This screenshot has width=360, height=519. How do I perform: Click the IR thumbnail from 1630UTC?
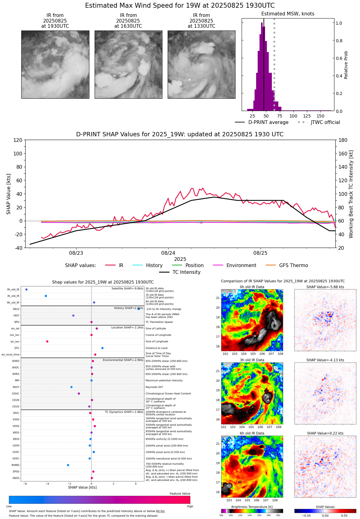click(128, 64)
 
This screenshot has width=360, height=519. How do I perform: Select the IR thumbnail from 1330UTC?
click(201, 64)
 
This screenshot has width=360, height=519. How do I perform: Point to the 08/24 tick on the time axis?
click(168, 253)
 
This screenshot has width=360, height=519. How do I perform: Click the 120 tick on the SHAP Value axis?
click(18, 140)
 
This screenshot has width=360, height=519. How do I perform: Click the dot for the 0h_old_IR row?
click(27, 290)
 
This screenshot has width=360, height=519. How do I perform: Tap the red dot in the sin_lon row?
click(47, 341)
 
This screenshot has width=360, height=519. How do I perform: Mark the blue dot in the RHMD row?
click(68, 465)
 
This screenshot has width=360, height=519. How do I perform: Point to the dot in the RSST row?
click(72, 387)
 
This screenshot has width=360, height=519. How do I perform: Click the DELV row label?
click(16, 309)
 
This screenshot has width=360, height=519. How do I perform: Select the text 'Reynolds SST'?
click(154, 387)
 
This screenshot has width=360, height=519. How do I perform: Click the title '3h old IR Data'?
click(252, 360)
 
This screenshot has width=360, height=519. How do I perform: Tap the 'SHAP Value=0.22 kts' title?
click(325, 433)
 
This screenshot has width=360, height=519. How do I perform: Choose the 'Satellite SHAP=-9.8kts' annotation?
click(127, 289)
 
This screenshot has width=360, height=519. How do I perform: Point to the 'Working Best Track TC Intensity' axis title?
click(351, 194)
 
